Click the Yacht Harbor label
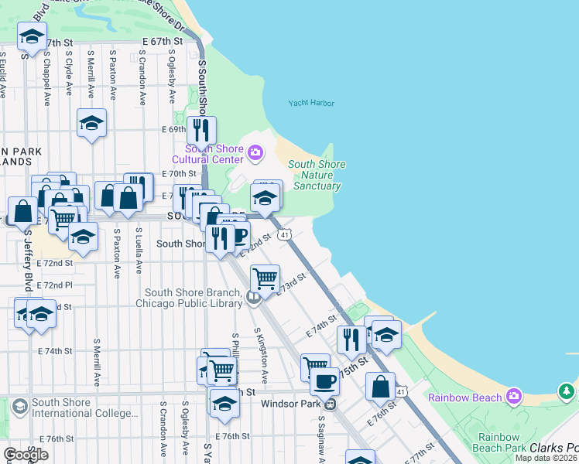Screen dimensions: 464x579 click(x=309, y=103)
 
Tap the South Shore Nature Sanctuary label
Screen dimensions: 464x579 click(x=317, y=176)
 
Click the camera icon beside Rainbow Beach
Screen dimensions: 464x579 click(x=514, y=397)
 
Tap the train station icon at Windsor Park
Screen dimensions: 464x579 click(x=331, y=403)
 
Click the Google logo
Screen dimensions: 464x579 click(x=26, y=455)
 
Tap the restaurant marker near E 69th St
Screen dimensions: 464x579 click(x=202, y=129)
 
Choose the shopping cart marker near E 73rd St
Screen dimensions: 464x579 click(x=266, y=278)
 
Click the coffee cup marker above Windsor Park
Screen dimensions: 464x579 click(x=324, y=381)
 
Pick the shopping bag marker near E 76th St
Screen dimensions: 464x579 click(x=381, y=386)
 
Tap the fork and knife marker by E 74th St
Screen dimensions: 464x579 click(x=352, y=339)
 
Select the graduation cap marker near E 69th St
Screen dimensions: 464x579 click(x=91, y=123)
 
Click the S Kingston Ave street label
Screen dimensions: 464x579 click(x=260, y=356)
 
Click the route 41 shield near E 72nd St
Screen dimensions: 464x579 click(x=286, y=234)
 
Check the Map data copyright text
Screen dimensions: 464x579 click(x=546, y=458)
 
